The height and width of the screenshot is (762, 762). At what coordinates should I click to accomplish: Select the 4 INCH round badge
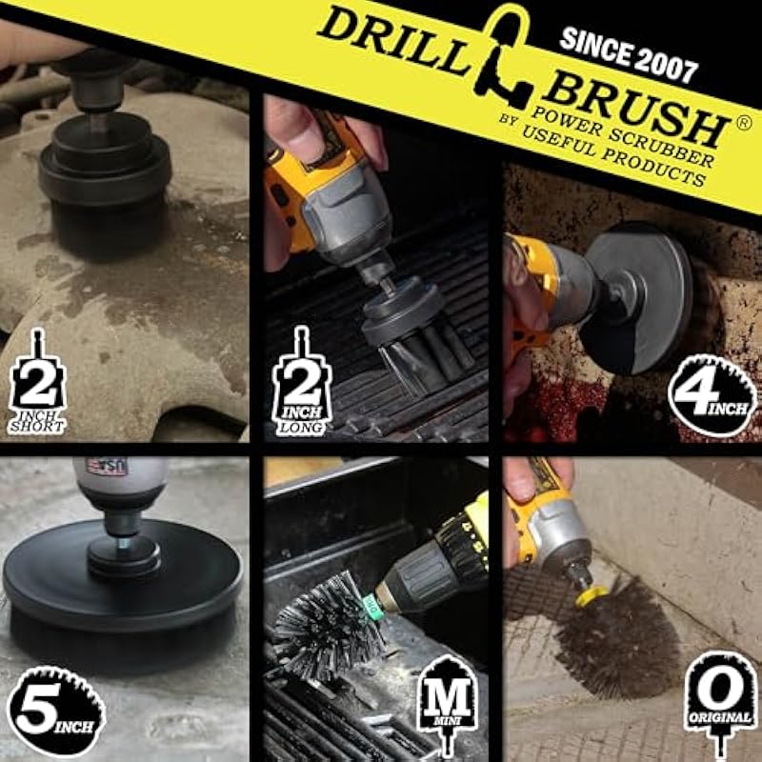(x=712, y=396)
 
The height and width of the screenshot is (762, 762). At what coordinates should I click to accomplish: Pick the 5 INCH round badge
(x=56, y=711)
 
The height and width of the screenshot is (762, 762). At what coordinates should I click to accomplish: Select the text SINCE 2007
(x=629, y=54)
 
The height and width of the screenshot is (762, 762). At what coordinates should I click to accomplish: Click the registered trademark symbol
(x=744, y=124)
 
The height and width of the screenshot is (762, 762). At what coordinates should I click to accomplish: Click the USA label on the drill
(x=107, y=467)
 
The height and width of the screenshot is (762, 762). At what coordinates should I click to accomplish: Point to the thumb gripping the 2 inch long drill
(x=297, y=128)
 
